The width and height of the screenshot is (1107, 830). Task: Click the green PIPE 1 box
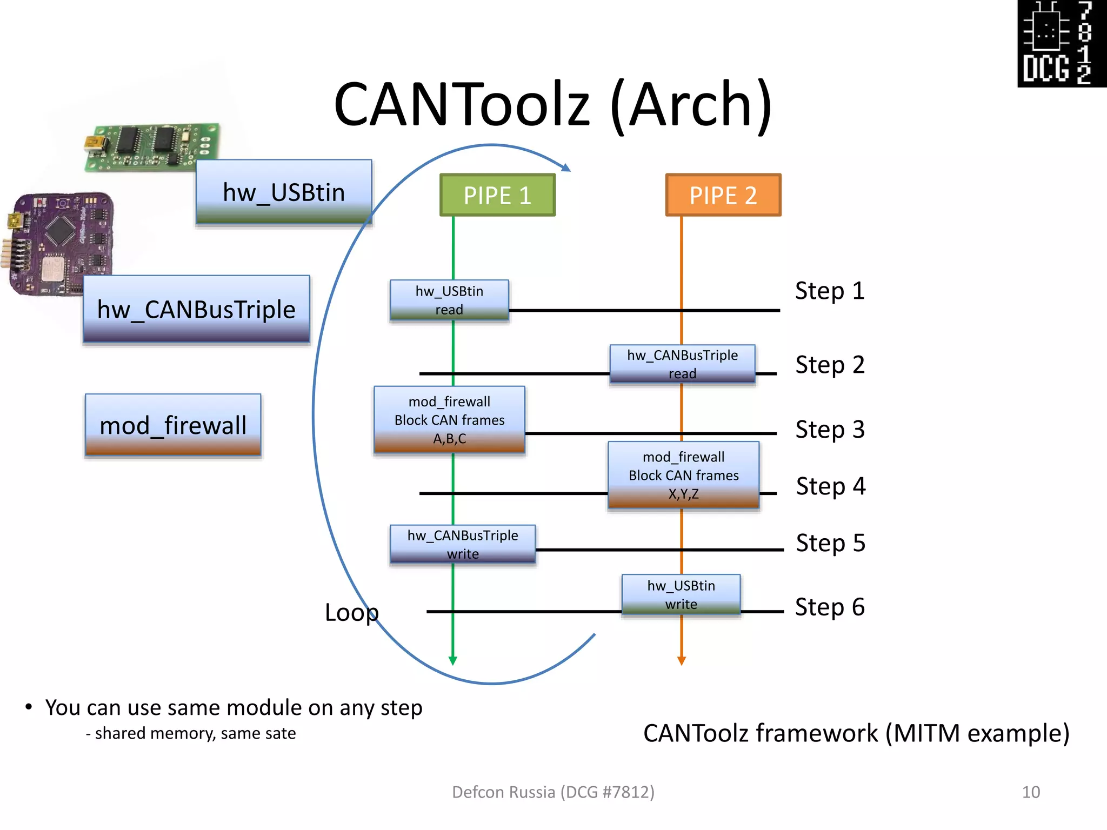pos(497,195)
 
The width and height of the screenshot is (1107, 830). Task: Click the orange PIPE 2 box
pos(723,195)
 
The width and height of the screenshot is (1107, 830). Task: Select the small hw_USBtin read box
pos(449,300)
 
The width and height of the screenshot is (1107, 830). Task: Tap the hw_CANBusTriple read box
pos(682,364)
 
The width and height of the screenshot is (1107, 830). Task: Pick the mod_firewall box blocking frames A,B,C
pos(449,419)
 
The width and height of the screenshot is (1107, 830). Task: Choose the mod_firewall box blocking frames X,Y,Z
pos(683,475)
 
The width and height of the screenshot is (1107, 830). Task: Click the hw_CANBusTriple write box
pos(463,544)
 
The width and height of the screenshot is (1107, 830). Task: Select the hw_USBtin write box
pos(681,594)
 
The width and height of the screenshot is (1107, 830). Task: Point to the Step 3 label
pos(830,430)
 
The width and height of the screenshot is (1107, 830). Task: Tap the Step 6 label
pos(830,607)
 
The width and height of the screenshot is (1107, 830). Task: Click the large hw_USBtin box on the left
pos(284,192)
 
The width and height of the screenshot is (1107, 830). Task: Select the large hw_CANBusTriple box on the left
pos(196,309)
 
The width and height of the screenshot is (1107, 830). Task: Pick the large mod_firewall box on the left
pos(173,425)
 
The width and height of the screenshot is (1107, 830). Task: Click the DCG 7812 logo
pos(1062,43)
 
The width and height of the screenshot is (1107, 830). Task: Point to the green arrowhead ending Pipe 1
pos(453,660)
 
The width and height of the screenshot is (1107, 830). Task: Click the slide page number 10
pos(1031,792)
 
